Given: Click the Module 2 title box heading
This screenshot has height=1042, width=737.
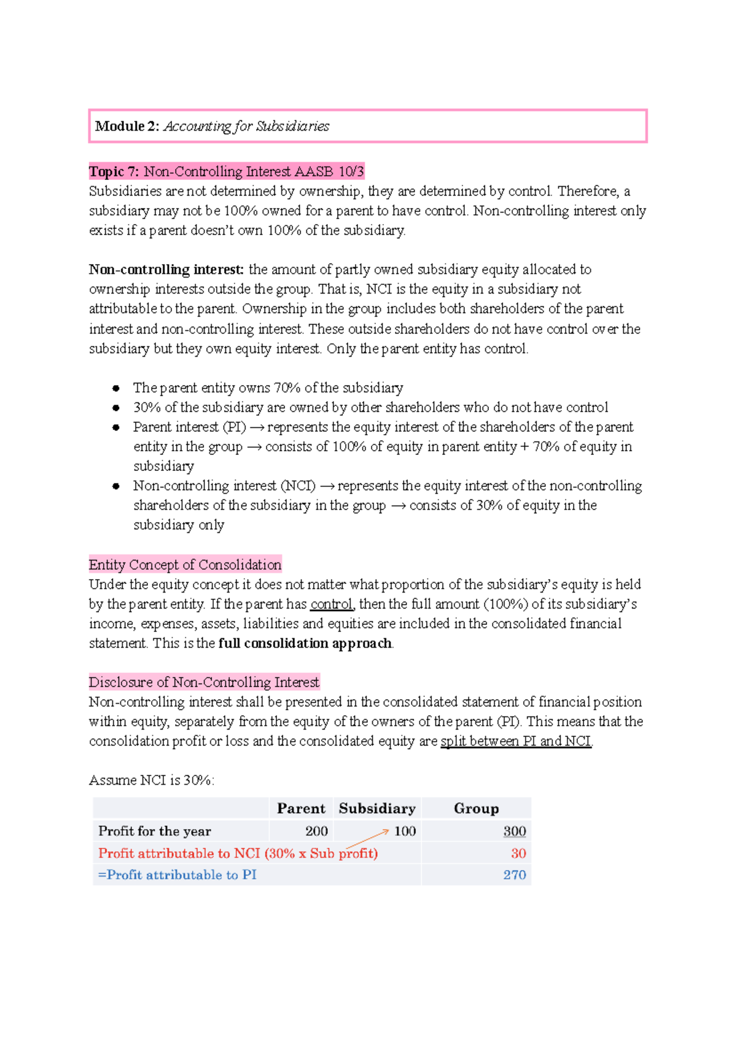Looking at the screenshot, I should [212, 126].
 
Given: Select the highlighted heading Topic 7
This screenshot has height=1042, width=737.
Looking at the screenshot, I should [227, 171].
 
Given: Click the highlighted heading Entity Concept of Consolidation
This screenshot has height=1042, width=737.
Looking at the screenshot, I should [185, 564].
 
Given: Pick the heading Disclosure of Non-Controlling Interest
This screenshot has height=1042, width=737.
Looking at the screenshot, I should [204, 682].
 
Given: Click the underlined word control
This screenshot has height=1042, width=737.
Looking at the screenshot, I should [331, 604].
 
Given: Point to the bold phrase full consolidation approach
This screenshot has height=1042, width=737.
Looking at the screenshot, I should [305, 643].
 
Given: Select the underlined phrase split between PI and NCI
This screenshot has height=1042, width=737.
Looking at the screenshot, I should [516, 741].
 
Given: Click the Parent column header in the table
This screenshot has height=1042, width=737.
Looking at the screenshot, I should [301, 808].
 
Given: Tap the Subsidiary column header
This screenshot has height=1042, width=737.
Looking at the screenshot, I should [376, 808].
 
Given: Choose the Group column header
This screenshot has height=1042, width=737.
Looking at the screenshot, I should [476, 808].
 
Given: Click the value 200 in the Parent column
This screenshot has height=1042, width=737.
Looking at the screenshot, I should [316, 831].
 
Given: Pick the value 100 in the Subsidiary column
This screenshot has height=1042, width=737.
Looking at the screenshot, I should [405, 831].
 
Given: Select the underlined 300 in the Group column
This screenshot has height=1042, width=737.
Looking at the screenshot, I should [514, 831].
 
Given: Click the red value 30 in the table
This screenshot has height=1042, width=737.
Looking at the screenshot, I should [518, 853].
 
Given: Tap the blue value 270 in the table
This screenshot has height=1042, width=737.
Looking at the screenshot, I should [514, 874].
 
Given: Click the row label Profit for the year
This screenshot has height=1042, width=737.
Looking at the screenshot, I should [155, 831].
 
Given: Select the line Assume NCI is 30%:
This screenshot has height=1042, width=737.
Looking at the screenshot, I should [152, 780].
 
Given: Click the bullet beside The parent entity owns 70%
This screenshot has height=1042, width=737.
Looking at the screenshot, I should [115, 388].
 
